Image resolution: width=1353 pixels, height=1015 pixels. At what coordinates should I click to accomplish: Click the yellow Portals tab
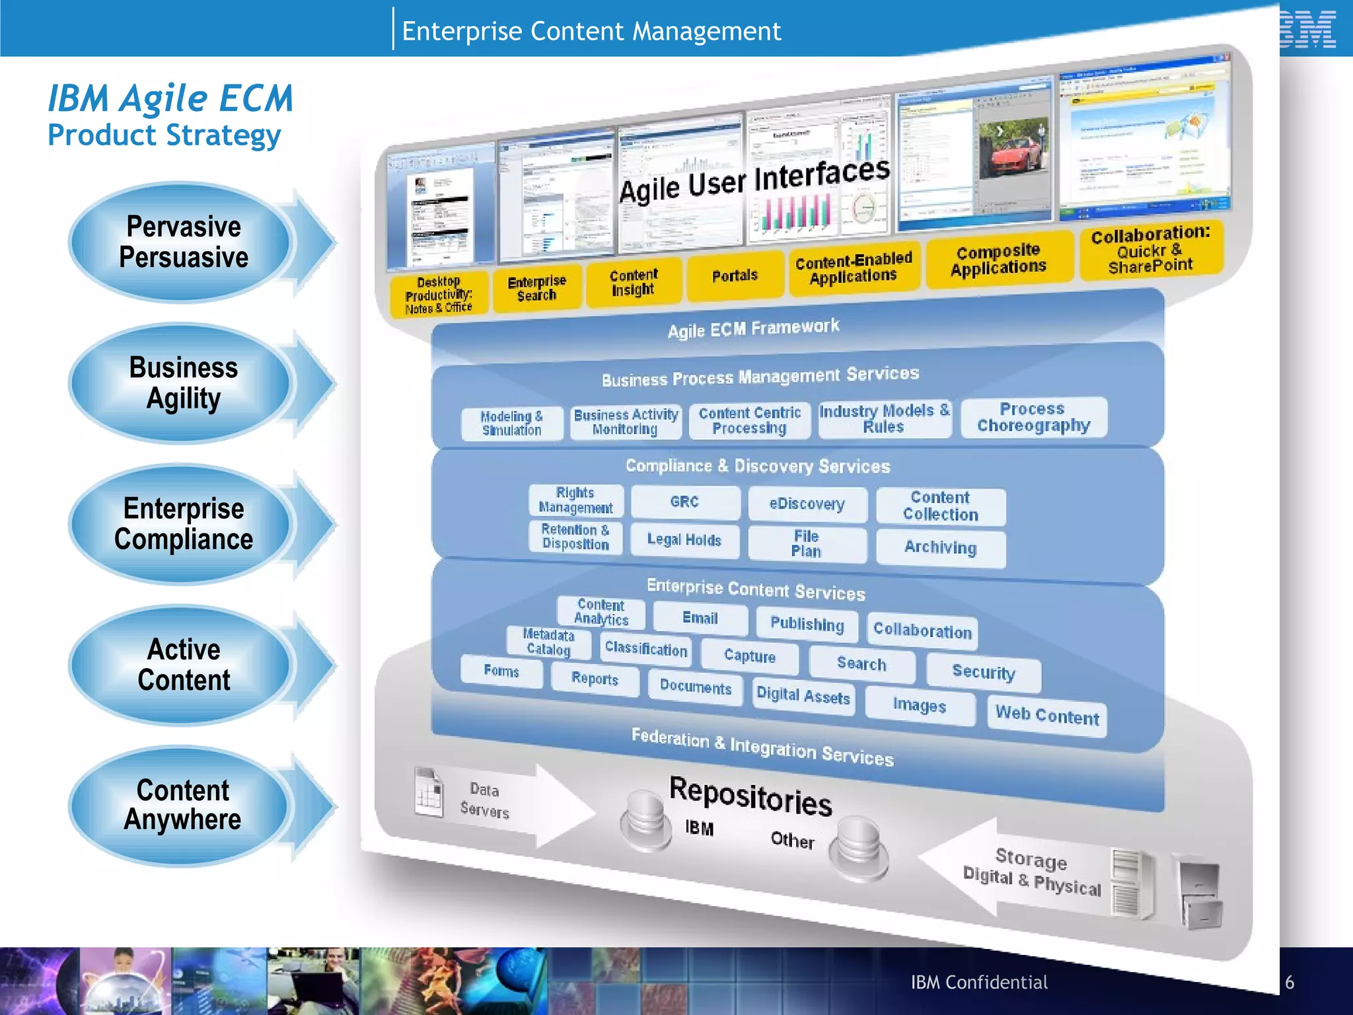[x=735, y=276]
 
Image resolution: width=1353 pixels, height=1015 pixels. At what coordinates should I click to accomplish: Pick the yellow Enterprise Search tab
[x=536, y=288]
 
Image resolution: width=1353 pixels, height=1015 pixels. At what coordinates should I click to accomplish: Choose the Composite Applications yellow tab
[x=998, y=259]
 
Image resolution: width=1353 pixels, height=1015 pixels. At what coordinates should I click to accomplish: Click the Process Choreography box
[x=1033, y=417]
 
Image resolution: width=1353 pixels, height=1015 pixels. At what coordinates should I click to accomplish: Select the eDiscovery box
[x=807, y=504]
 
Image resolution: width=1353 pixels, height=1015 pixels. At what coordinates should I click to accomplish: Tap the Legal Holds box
[x=684, y=540]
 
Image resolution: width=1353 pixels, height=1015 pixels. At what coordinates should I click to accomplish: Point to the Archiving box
[x=940, y=547]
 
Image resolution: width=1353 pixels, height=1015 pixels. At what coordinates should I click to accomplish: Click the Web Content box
[x=1046, y=715]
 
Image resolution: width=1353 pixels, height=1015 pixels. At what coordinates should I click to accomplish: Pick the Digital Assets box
[x=803, y=695]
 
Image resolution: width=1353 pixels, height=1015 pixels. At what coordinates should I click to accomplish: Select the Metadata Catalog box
[x=548, y=642]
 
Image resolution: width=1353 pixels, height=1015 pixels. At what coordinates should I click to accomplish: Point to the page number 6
[x=1290, y=982]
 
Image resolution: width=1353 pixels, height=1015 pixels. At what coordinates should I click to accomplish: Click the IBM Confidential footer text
[x=979, y=983]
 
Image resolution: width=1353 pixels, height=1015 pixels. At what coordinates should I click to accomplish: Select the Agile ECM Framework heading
[x=753, y=328]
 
